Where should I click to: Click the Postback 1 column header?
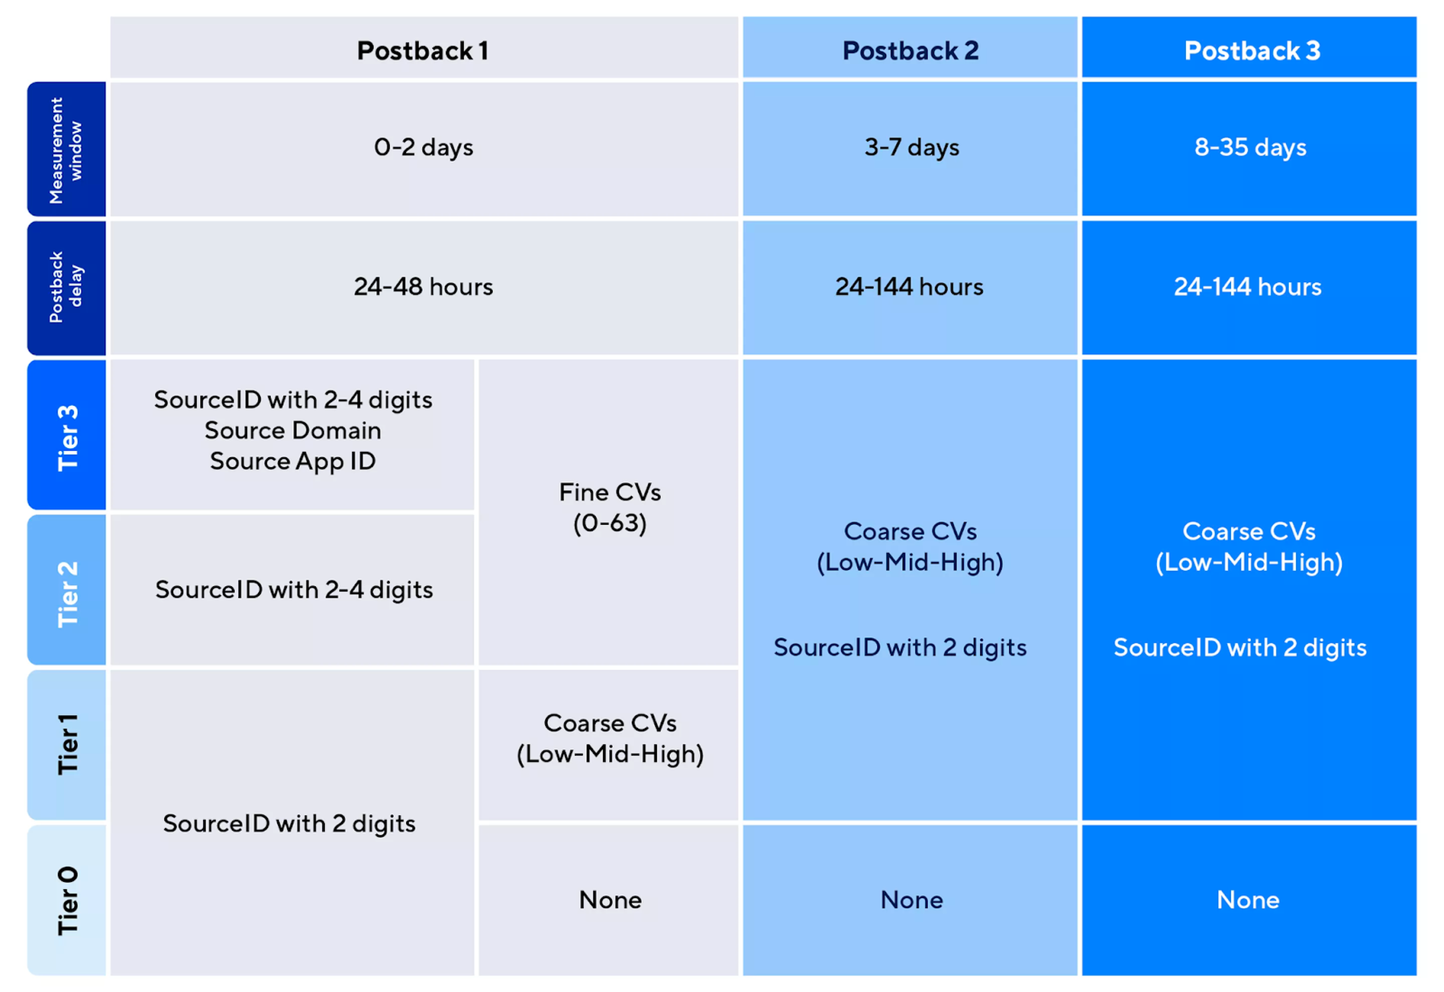coord(424,48)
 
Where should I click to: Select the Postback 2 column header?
coord(910,48)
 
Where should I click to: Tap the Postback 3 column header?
coord(1249,48)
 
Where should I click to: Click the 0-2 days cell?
coord(424,149)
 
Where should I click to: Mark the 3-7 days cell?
coord(910,149)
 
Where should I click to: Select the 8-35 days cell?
coord(1249,149)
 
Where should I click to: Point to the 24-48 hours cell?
coord(424,288)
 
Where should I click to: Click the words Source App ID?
coord(293,462)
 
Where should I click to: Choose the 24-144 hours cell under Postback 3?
coord(1249,288)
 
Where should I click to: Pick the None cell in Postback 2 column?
coord(910,900)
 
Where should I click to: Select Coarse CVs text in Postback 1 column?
coord(610,723)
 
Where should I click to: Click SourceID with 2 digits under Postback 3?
coord(1240,648)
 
